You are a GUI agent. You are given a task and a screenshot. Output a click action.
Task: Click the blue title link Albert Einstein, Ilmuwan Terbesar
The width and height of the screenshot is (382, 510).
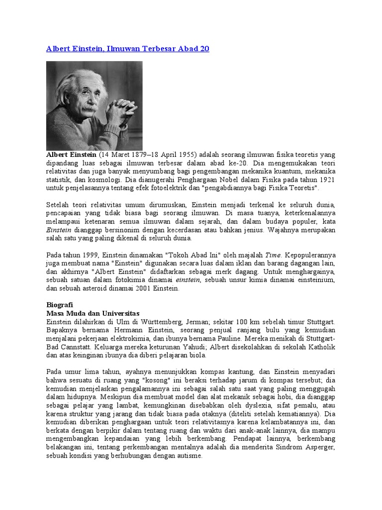(127, 48)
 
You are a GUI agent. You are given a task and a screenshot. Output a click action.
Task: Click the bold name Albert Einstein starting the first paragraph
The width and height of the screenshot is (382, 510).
(71, 155)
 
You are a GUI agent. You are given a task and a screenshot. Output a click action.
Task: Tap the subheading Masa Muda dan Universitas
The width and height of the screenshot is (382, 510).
(93, 314)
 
